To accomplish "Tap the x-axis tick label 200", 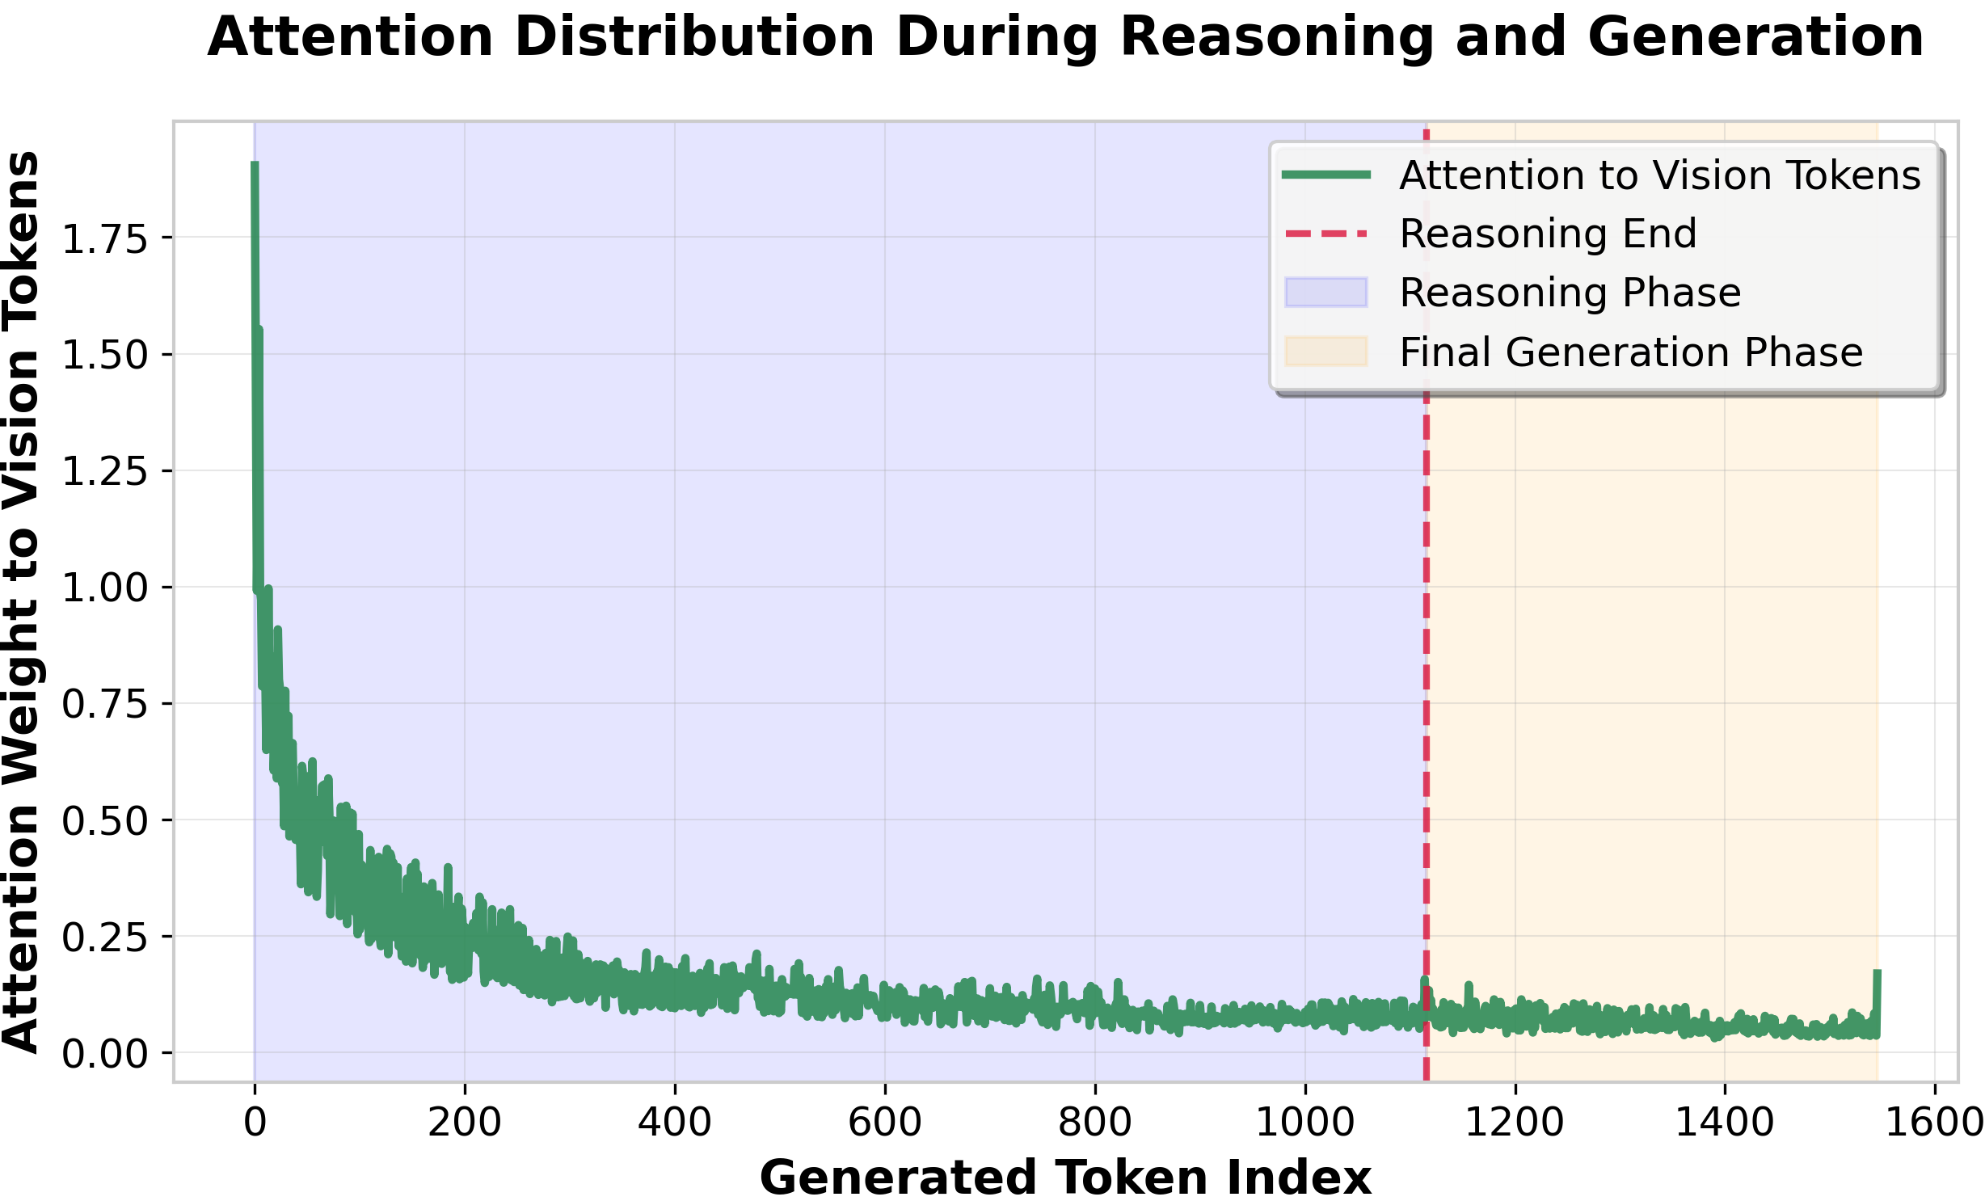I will pos(465,1123).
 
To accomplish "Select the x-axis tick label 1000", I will pos(1304,1123).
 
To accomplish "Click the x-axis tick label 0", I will pos(255,1123).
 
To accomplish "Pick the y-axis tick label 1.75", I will pos(105,240).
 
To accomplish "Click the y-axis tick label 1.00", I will pos(105,588).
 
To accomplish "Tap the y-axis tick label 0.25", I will pos(105,938).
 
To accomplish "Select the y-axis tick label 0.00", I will pos(105,1055).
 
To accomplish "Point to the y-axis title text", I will pos(22,601).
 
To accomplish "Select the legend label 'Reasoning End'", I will pos(1548,234).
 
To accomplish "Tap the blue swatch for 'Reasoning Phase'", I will pos(1325,293).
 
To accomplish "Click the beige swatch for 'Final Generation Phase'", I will pos(1325,352).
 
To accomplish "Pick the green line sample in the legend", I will pos(1325,175).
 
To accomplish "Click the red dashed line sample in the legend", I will pos(1325,234).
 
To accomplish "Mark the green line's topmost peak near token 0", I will pos(255,165).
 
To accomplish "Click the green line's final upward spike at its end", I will pos(1877,973).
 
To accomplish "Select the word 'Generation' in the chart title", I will pos(1755,38).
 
